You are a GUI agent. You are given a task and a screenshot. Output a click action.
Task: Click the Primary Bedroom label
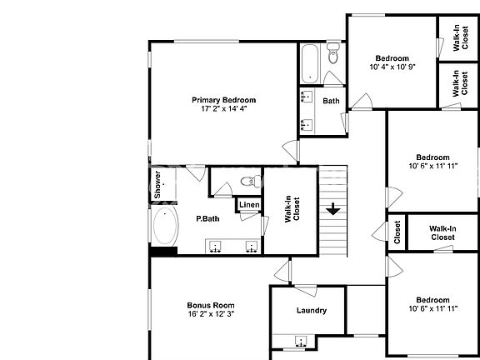(222, 100)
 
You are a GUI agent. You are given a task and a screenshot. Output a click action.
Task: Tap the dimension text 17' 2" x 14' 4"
(222, 109)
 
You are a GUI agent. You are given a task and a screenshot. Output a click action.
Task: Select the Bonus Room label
(211, 305)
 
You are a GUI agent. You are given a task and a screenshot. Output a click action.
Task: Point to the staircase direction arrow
(333, 208)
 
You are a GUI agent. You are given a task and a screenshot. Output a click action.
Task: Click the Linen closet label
(249, 206)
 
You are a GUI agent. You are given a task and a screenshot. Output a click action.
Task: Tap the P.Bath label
(207, 219)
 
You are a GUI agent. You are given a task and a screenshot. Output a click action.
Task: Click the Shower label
(157, 184)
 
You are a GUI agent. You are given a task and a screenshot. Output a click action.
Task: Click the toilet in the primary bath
(247, 181)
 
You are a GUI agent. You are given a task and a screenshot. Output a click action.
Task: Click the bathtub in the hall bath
(308, 61)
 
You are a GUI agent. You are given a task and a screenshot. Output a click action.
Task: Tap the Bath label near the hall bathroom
(332, 102)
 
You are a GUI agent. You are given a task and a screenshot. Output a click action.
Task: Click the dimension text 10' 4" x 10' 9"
(392, 67)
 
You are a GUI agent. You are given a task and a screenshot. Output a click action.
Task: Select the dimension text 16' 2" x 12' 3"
(211, 314)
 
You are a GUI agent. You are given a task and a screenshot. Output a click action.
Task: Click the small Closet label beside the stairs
(397, 233)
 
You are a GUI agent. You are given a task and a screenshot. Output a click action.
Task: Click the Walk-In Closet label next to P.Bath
(292, 206)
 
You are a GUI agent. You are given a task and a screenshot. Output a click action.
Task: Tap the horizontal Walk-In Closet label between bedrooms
(442, 232)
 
